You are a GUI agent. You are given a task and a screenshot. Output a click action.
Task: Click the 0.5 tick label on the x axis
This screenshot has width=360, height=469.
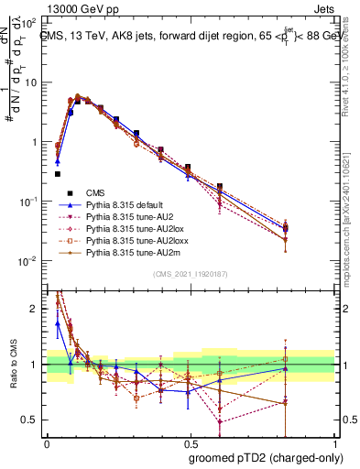(x=188, y=442)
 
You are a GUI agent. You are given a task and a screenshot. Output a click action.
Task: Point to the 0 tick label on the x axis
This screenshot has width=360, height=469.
(x=46, y=442)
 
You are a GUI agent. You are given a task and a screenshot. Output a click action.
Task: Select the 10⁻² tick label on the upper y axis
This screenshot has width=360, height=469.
(x=30, y=261)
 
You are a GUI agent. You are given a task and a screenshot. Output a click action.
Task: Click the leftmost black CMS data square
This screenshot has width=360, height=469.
(x=57, y=173)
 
